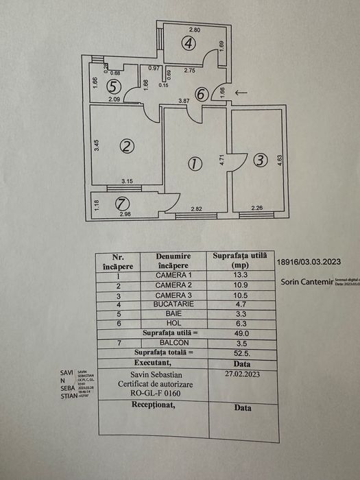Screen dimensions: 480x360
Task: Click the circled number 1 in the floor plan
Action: click(x=195, y=164)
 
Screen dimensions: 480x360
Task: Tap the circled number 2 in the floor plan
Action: click(x=125, y=146)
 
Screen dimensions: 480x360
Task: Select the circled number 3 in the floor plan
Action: click(x=259, y=160)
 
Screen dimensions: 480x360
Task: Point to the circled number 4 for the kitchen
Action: click(x=189, y=43)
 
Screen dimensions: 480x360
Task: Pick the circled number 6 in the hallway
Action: click(x=200, y=95)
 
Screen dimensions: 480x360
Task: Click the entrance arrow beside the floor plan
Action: click(x=241, y=93)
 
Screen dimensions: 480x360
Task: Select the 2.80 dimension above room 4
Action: click(x=194, y=30)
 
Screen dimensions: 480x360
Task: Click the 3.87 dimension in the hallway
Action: click(x=184, y=101)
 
